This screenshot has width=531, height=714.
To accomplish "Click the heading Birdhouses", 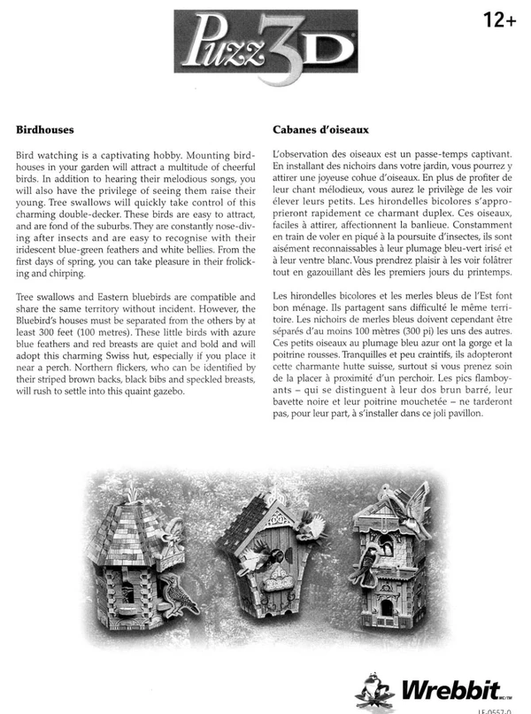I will click(44, 128).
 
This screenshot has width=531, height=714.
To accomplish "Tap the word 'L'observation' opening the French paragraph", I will click(304, 154).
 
